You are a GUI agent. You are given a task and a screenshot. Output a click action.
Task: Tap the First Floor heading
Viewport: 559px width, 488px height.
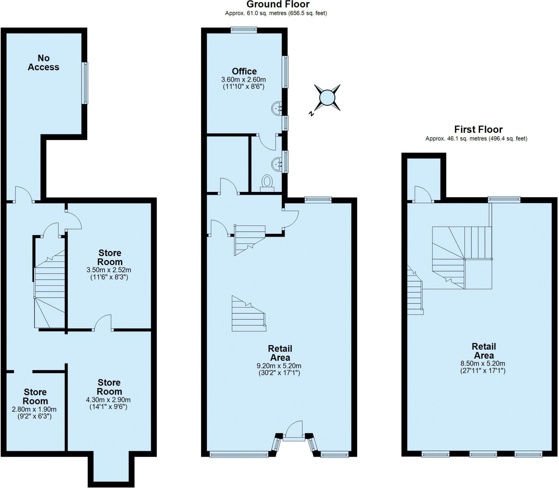[x=478, y=129]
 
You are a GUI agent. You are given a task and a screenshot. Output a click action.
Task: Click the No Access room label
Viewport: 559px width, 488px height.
[x=43, y=63]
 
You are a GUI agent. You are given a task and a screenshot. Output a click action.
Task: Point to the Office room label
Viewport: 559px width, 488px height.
[x=244, y=71]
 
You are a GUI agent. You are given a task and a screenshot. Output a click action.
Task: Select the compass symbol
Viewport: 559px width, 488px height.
[x=327, y=98]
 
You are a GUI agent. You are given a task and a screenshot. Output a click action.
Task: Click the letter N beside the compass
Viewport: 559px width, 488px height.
[x=311, y=114]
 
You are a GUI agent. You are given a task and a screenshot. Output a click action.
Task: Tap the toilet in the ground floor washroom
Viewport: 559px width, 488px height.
[x=267, y=182]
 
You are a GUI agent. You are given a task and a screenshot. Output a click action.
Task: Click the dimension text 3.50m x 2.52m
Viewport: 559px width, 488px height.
[x=109, y=270]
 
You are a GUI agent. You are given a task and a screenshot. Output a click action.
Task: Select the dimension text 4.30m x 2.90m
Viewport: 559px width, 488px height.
[x=108, y=400]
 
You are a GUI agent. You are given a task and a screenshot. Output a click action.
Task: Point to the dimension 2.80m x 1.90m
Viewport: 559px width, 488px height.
[x=34, y=409]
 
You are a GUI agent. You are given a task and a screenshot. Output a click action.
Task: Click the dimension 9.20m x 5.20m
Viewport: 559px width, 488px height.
[x=279, y=366]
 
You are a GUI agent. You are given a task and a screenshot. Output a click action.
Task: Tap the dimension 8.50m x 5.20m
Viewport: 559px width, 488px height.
[x=483, y=363]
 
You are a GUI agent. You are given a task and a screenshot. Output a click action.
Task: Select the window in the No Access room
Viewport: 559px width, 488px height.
[x=86, y=83]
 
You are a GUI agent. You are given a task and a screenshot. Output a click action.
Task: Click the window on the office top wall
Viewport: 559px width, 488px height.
[x=244, y=30]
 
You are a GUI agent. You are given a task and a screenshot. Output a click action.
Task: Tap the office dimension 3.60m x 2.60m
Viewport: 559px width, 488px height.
[x=243, y=80]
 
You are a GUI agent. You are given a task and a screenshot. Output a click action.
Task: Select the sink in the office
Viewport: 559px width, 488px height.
[x=277, y=109]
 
